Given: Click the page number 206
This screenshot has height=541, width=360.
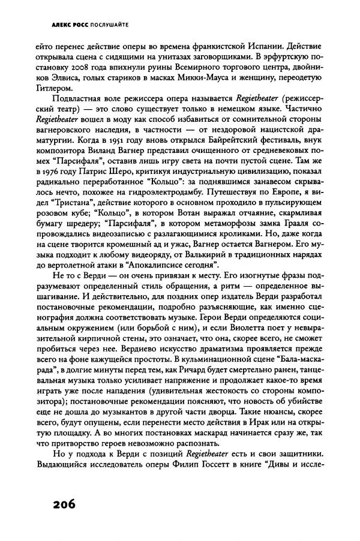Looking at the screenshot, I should tap(59, 503).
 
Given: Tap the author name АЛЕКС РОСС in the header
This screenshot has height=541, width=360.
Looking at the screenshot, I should tap(70, 25).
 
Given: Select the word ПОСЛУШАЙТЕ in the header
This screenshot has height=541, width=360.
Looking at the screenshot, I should tap(108, 25).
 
